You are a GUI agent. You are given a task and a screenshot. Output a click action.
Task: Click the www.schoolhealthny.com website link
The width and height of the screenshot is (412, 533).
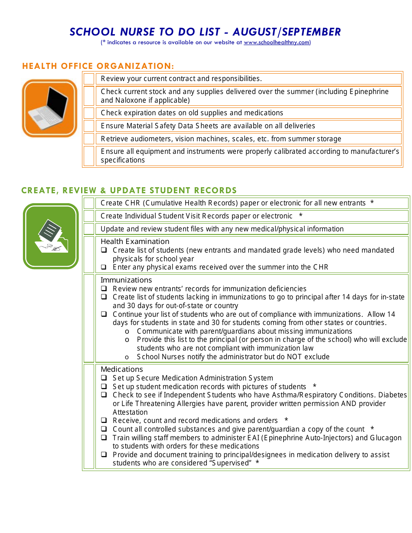pyautogui.click(x=276, y=42)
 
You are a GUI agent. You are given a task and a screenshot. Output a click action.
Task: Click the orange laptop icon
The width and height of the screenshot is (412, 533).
pyautogui.click(x=49, y=108)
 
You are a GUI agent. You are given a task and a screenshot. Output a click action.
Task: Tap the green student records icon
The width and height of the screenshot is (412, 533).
pyautogui.click(x=51, y=236)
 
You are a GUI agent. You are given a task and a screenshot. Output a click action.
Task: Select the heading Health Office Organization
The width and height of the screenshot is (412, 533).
pyautogui.click(x=98, y=66)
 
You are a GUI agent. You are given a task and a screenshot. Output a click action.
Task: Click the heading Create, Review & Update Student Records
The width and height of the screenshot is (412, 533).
pyautogui.click(x=129, y=190)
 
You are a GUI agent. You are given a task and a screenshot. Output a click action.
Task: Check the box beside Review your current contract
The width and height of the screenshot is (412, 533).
pyautogui.click(x=89, y=79)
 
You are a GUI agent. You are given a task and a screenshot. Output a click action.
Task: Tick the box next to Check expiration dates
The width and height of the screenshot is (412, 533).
pyautogui.click(x=89, y=113)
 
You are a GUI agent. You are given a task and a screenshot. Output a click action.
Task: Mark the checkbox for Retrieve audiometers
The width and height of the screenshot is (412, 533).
pyautogui.click(x=89, y=139)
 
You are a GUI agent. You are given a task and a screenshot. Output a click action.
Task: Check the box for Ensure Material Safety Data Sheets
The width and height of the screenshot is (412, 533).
pyautogui.click(x=89, y=126)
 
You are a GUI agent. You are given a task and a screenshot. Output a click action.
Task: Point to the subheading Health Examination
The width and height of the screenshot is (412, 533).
pyautogui.click(x=135, y=241)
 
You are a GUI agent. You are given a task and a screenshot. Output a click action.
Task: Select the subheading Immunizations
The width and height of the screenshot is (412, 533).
pyautogui.click(x=126, y=280)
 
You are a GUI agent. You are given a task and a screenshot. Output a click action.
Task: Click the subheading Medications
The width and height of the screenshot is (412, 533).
pyautogui.click(x=122, y=369)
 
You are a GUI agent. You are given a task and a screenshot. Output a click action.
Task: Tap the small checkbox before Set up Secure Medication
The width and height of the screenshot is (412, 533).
pyautogui.click(x=104, y=378)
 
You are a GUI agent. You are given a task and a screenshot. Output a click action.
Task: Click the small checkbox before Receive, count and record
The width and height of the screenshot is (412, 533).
pyautogui.click(x=104, y=421)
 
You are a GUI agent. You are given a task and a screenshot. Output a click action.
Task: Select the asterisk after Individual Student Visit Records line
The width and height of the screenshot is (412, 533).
pyautogui.click(x=301, y=216)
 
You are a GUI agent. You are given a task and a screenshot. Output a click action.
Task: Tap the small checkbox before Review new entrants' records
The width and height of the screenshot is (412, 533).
pyautogui.click(x=104, y=289)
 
